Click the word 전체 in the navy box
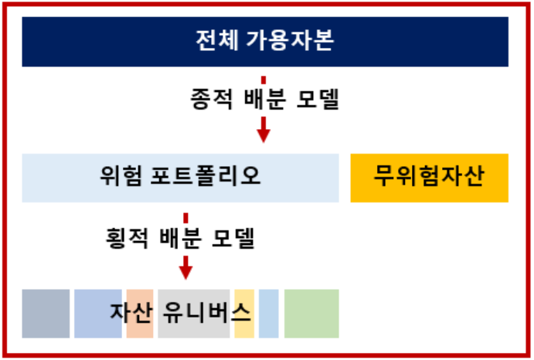click(x=219, y=41)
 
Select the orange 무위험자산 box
click(x=429, y=177)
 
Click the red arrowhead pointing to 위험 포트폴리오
click(x=264, y=134)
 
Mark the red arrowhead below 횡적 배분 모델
click(x=185, y=271)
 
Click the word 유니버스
click(x=206, y=312)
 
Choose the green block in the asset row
click(x=311, y=314)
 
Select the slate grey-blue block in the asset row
click(x=46, y=314)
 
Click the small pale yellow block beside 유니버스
click(x=244, y=324)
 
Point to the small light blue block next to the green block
click(x=268, y=314)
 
